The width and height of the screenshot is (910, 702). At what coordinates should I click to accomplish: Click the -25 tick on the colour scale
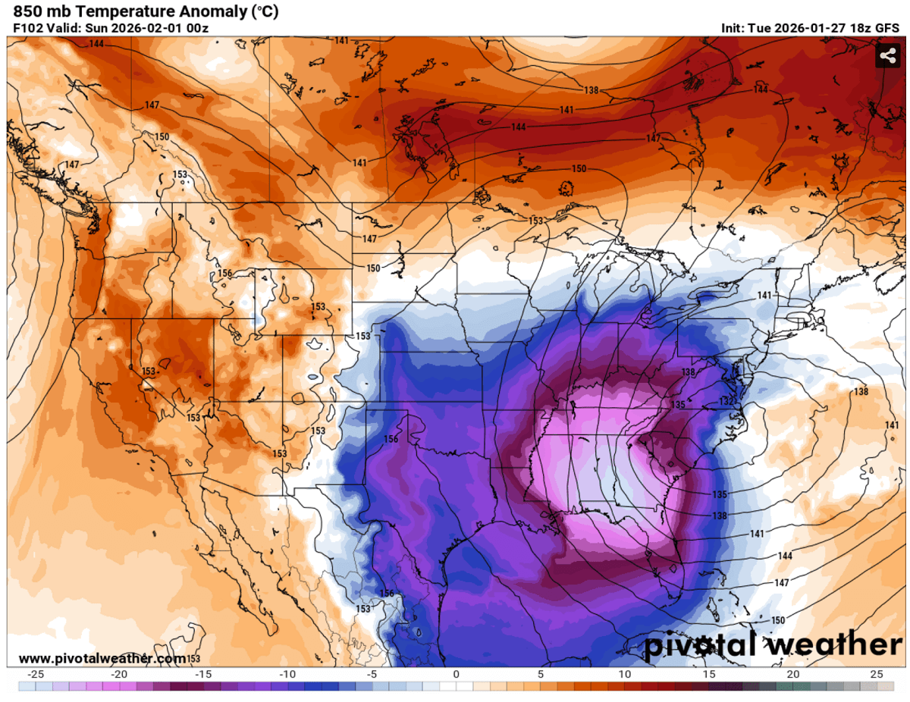coord(33,674)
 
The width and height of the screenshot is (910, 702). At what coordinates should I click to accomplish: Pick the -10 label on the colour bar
coord(287,674)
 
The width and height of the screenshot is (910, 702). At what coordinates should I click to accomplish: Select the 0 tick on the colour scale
coord(457,674)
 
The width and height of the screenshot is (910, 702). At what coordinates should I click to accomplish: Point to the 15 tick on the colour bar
coord(708,674)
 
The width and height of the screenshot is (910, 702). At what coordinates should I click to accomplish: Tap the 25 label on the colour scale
coord(877,674)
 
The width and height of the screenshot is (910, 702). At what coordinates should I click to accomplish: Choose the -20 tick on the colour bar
coord(118,674)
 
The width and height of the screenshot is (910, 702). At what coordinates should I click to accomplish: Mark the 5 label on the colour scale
coord(541,674)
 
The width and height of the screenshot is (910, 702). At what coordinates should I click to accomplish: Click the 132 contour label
coord(726,400)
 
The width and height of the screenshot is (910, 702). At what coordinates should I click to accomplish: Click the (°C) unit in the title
coord(265,11)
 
